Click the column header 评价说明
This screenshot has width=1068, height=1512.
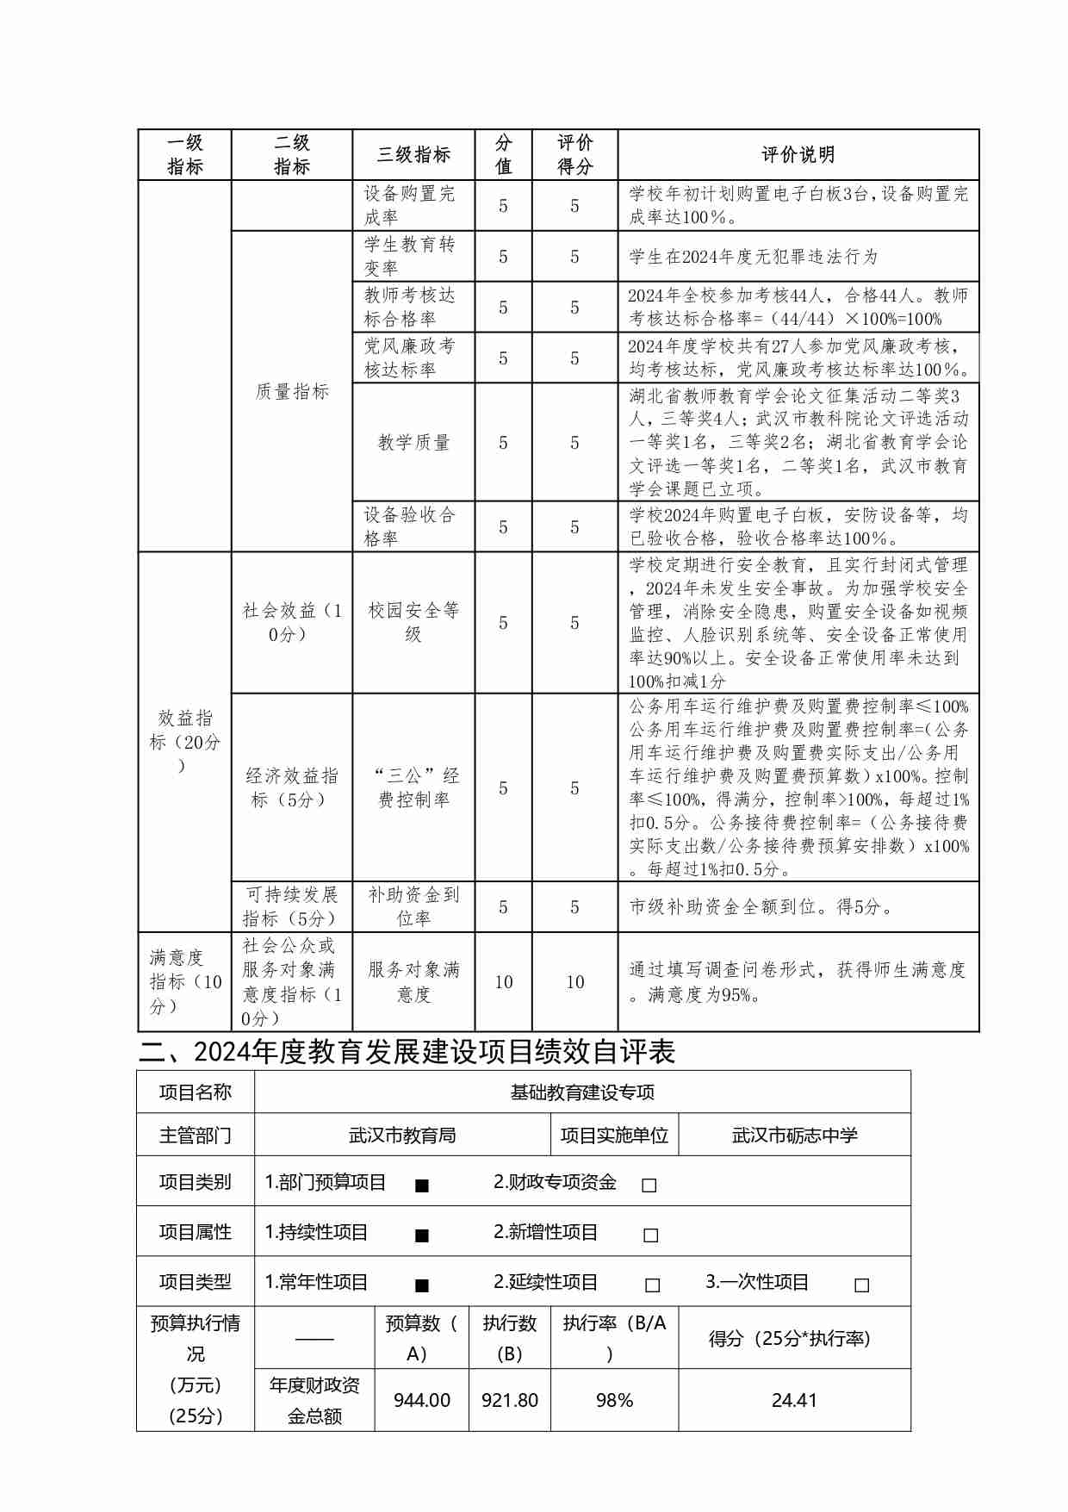click(798, 155)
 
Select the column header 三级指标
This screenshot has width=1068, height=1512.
click(413, 155)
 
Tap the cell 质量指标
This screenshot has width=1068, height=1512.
click(292, 392)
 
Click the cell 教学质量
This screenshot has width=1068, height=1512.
click(413, 443)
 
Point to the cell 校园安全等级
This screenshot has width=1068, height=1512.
click(413, 622)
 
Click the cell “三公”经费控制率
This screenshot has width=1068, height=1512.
click(413, 787)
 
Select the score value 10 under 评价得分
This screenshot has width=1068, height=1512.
click(574, 982)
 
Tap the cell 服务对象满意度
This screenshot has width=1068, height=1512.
click(413, 982)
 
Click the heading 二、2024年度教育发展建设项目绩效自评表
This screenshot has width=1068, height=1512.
click(407, 1052)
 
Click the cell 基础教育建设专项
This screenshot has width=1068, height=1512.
click(582, 1092)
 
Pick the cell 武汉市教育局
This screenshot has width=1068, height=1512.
click(402, 1136)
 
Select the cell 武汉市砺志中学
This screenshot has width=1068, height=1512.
click(794, 1136)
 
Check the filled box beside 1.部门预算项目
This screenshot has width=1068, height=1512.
click(422, 1185)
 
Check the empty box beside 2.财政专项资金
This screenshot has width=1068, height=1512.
click(649, 1185)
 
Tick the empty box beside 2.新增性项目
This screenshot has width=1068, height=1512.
click(651, 1235)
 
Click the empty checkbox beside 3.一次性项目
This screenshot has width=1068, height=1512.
click(861, 1285)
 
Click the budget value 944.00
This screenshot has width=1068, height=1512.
click(422, 1401)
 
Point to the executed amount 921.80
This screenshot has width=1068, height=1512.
click(510, 1401)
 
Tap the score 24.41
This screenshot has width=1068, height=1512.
click(794, 1401)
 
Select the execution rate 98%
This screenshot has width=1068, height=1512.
click(614, 1401)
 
